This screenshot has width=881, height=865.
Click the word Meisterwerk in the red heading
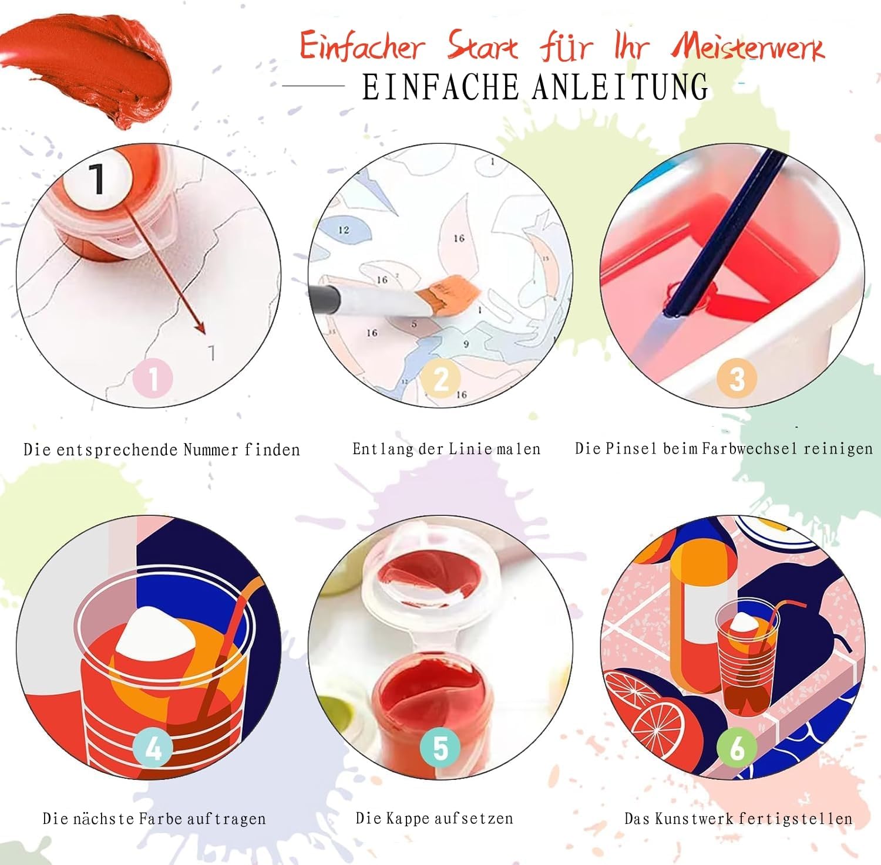click(748, 46)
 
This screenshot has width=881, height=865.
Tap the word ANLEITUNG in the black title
click(620, 87)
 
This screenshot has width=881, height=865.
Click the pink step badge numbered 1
click(153, 379)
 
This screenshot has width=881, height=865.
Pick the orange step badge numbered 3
click(737, 379)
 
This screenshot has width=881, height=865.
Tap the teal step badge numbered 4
click(153, 748)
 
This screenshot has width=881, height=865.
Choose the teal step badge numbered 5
click(441, 748)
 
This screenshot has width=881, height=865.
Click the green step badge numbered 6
click(737, 748)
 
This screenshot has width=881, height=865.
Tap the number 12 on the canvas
click(344, 230)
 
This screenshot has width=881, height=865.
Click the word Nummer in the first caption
click(211, 450)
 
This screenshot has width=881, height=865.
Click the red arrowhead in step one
click(200, 327)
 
